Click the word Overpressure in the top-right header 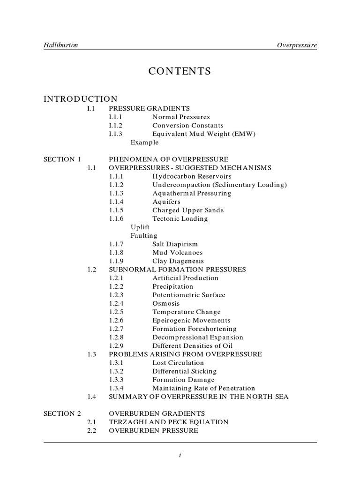[x=297, y=45]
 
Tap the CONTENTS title [x=180, y=71]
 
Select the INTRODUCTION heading [x=81, y=99]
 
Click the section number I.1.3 [x=116, y=134]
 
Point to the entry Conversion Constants [x=188, y=126]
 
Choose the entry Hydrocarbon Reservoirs [x=192, y=176]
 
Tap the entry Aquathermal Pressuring [x=192, y=193]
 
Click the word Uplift [x=140, y=227]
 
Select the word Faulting [x=144, y=235]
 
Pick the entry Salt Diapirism [x=175, y=244]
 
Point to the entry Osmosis [x=166, y=303]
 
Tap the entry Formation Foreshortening [x=195, y=329]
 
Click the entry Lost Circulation [x=178, y=362]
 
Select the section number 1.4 [x=91, y=397]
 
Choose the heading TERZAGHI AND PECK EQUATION [x=169, y=422]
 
